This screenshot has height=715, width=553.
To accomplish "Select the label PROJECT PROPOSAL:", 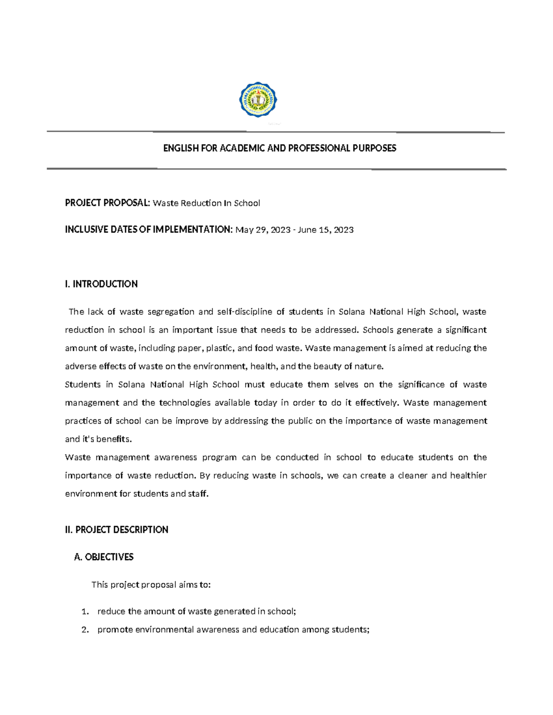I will pyautogui.click(x=107, y=203).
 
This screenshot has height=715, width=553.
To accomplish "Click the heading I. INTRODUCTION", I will pyautogui.click(x=101, y=284).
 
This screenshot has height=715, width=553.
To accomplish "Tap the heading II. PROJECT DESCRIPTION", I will pyautogui.click(x=117, y=530).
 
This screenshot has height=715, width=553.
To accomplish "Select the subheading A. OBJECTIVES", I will pyautogui.click(x=104, y=557).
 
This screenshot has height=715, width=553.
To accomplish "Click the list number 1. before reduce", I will pyautogui.click(x=84, y=612).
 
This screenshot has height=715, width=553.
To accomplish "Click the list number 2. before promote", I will pyautogui.click(x=84, y=630).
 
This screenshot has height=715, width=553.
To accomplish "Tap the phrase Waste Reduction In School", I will pyautogui.click(x=206, y=203).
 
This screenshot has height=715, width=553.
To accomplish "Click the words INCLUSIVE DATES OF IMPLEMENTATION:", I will pyautogui.click(x=149, y=230).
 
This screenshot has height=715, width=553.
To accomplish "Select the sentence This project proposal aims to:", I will pyautogui.click(x=151, y=585).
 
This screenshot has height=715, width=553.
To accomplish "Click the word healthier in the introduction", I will pyautogui.click(x=468, y=476).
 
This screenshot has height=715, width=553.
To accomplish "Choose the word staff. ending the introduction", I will pyautogui.click(x=198, y=494).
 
